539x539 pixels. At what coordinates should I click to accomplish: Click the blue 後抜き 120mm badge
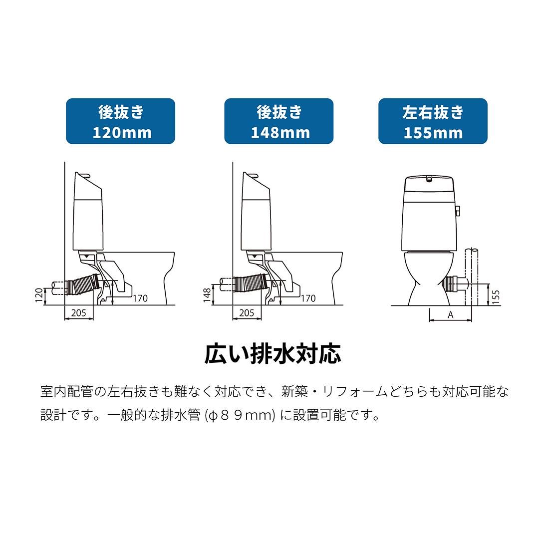point(121,121)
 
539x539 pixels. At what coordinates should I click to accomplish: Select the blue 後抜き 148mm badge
point(278,121)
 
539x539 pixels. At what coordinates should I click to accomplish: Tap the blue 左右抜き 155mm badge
point(433,121)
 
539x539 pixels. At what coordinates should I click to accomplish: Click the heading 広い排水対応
point(273,353)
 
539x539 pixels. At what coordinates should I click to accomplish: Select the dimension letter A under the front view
point(450,315)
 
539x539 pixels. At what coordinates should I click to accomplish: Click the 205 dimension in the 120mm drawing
point(79,313)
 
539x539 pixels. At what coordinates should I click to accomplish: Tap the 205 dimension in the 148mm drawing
point(247,313)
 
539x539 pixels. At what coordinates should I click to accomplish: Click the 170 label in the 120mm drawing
point(140,298)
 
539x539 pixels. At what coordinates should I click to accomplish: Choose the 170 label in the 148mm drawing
point(308,298)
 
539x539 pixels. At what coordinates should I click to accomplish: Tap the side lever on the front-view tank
point(457,211)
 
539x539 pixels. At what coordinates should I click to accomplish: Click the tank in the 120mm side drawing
point(88,220)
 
